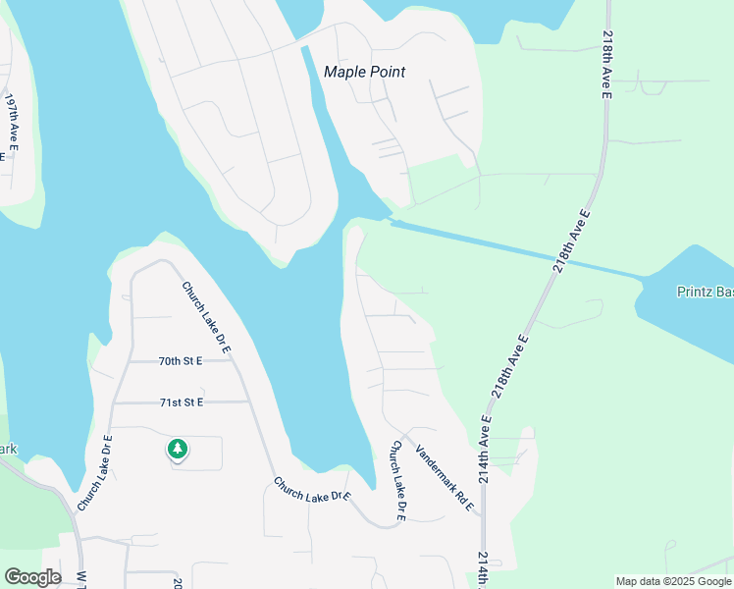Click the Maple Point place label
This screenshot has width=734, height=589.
point(364,72)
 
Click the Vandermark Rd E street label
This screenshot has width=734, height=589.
point(445,478)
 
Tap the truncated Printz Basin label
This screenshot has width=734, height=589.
point(705,292)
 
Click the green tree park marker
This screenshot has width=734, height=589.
point(177,450)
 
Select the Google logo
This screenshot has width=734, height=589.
point(31,577)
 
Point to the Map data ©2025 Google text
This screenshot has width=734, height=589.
point(673,581)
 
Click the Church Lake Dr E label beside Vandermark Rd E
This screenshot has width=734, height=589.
point(398,480)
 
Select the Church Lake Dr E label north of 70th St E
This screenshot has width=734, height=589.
point(205,316)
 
